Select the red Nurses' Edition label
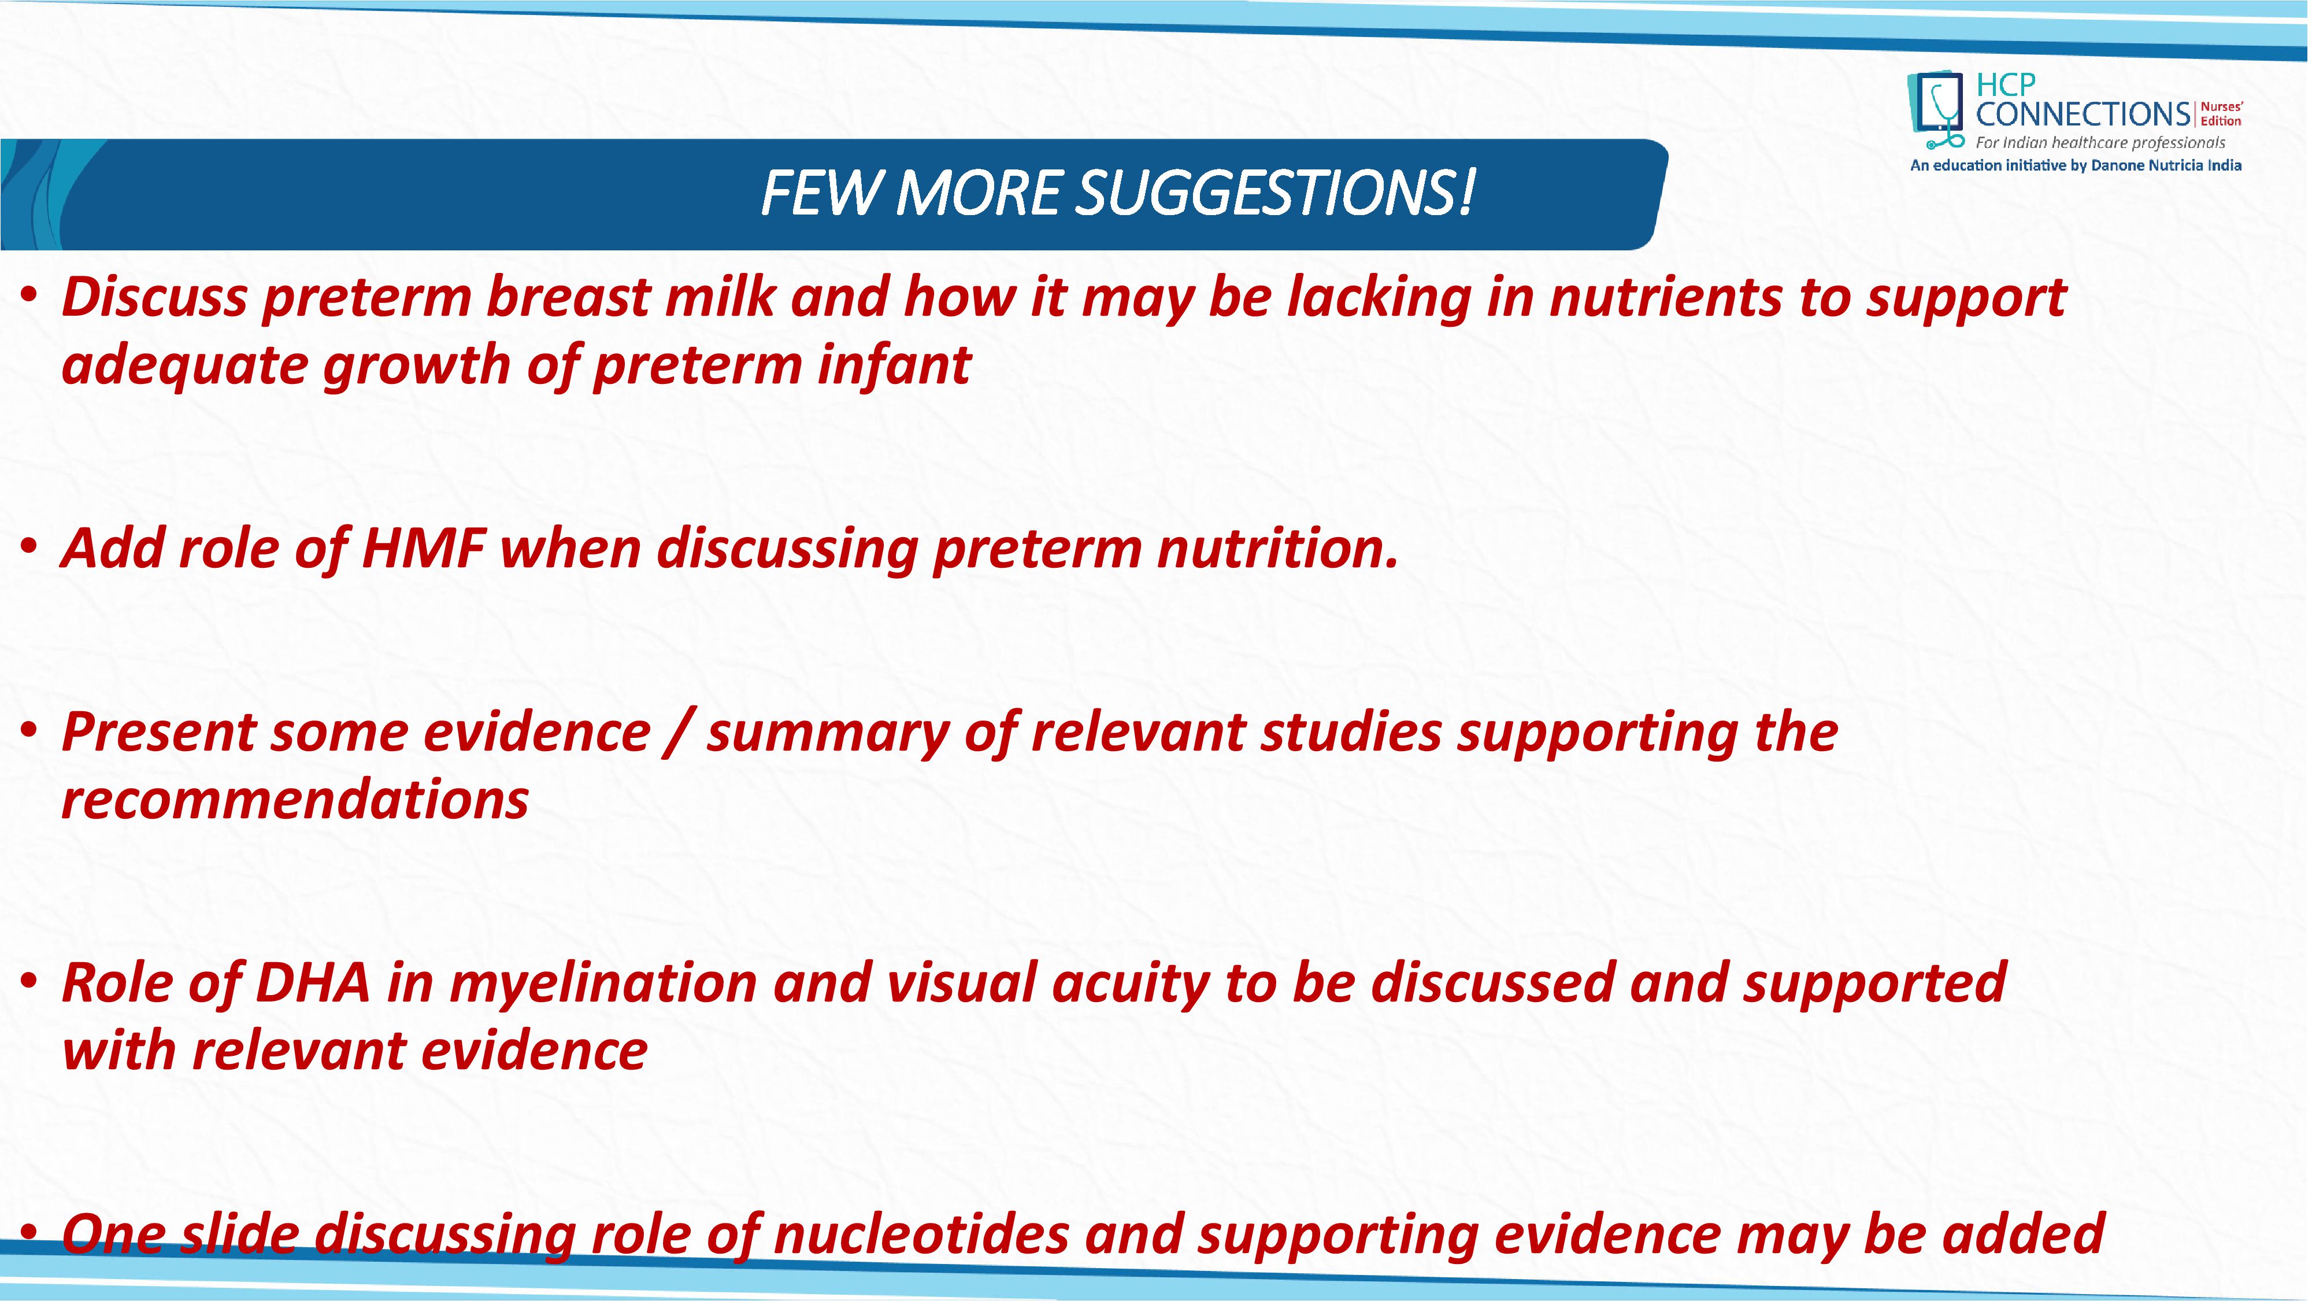2221,114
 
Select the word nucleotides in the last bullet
921,1234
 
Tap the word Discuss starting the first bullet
154,297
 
